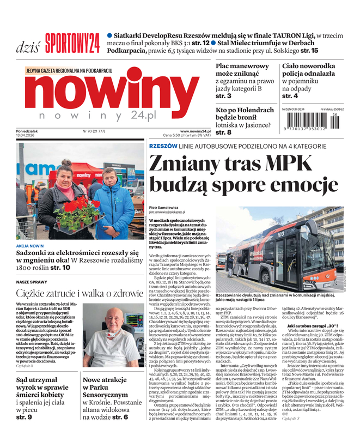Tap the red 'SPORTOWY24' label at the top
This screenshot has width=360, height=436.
click(72, 42)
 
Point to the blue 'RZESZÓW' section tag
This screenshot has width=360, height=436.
click(163, 146)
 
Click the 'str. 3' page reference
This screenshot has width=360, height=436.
click(223, 96)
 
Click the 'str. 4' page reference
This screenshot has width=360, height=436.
click(290, 96)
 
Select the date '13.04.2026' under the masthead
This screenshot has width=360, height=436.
click(31, 135)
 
